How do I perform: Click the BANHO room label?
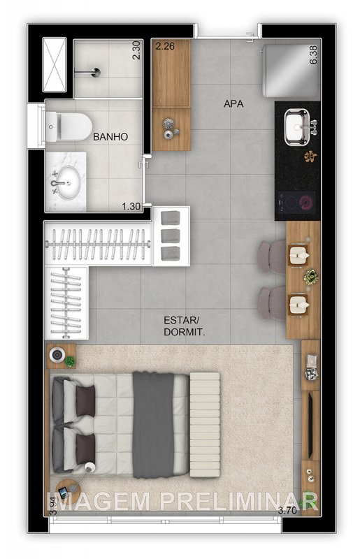click(x=110, y=136)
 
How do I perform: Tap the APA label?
click(x=233, y=103)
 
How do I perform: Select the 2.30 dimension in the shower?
click(x=136, y=50)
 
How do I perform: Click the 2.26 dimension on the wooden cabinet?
click(x=165, y=46)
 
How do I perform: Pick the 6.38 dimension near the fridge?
click(x=313, y=55)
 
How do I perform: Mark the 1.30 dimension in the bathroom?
click(x=131, y=206)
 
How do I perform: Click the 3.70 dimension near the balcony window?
click(x=287, y=510)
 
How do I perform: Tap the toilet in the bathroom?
click(x=69, y=126)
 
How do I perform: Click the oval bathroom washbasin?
click(x=69, y=182)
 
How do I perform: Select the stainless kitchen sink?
click(x=297, y=127)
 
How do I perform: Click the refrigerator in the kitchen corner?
click(x=291, y=71)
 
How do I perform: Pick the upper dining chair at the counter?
click(x=272, y=256)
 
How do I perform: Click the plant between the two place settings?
click(x=311, y=277)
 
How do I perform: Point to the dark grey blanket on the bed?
click(x=153, y=425)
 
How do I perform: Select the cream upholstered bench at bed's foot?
click(x=204, y=425)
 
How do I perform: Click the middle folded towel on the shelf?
click(x=170, y=235)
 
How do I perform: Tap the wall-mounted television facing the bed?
click(x=310, y=426)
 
